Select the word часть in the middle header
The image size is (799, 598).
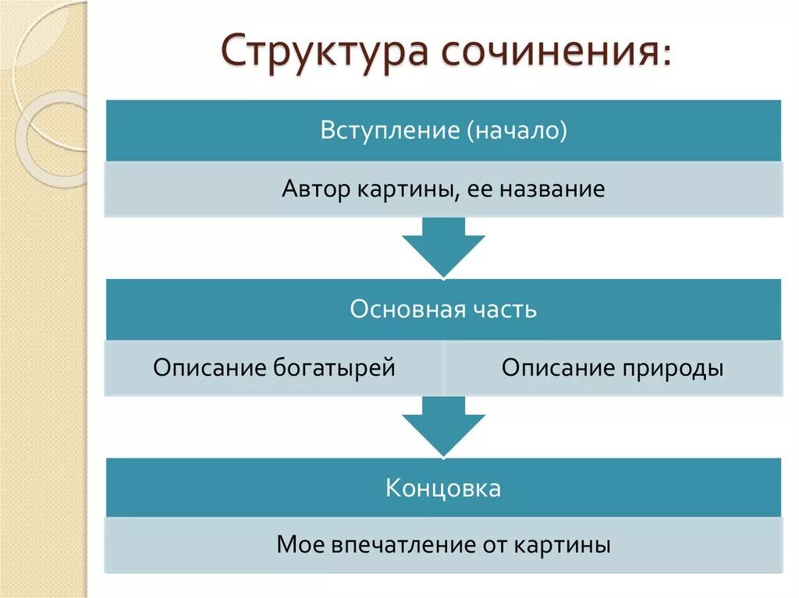504,310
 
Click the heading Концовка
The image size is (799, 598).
443,489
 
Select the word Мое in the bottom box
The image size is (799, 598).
294,545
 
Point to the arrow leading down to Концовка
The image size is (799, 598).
443,426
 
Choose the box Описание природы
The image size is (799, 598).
613,368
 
